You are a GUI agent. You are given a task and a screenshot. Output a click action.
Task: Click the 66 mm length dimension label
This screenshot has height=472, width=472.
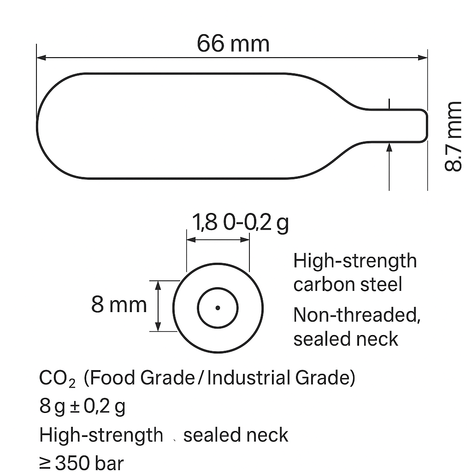(233, 44)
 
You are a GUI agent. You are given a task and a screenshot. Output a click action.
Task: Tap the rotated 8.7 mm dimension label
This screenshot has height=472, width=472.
(453, 136)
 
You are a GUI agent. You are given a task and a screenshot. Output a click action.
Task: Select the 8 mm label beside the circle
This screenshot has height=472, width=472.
(119, 305)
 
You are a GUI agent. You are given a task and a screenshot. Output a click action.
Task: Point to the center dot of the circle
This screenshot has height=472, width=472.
(218, 308)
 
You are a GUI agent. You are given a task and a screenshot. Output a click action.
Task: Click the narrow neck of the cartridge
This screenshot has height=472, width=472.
(401, 125)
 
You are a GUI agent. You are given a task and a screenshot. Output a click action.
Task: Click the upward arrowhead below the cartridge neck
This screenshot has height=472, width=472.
(389, 147)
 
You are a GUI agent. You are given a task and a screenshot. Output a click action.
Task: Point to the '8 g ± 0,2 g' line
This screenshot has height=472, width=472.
(83, 407)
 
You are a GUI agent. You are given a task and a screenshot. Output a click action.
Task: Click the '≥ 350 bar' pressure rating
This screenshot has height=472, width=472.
(82, 463)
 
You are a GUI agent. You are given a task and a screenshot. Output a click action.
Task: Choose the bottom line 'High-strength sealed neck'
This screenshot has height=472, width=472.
(164, 435)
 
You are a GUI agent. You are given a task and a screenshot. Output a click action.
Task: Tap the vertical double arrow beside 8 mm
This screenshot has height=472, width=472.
(159, 306)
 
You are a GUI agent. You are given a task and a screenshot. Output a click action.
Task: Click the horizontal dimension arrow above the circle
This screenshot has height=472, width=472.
(218, 240)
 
